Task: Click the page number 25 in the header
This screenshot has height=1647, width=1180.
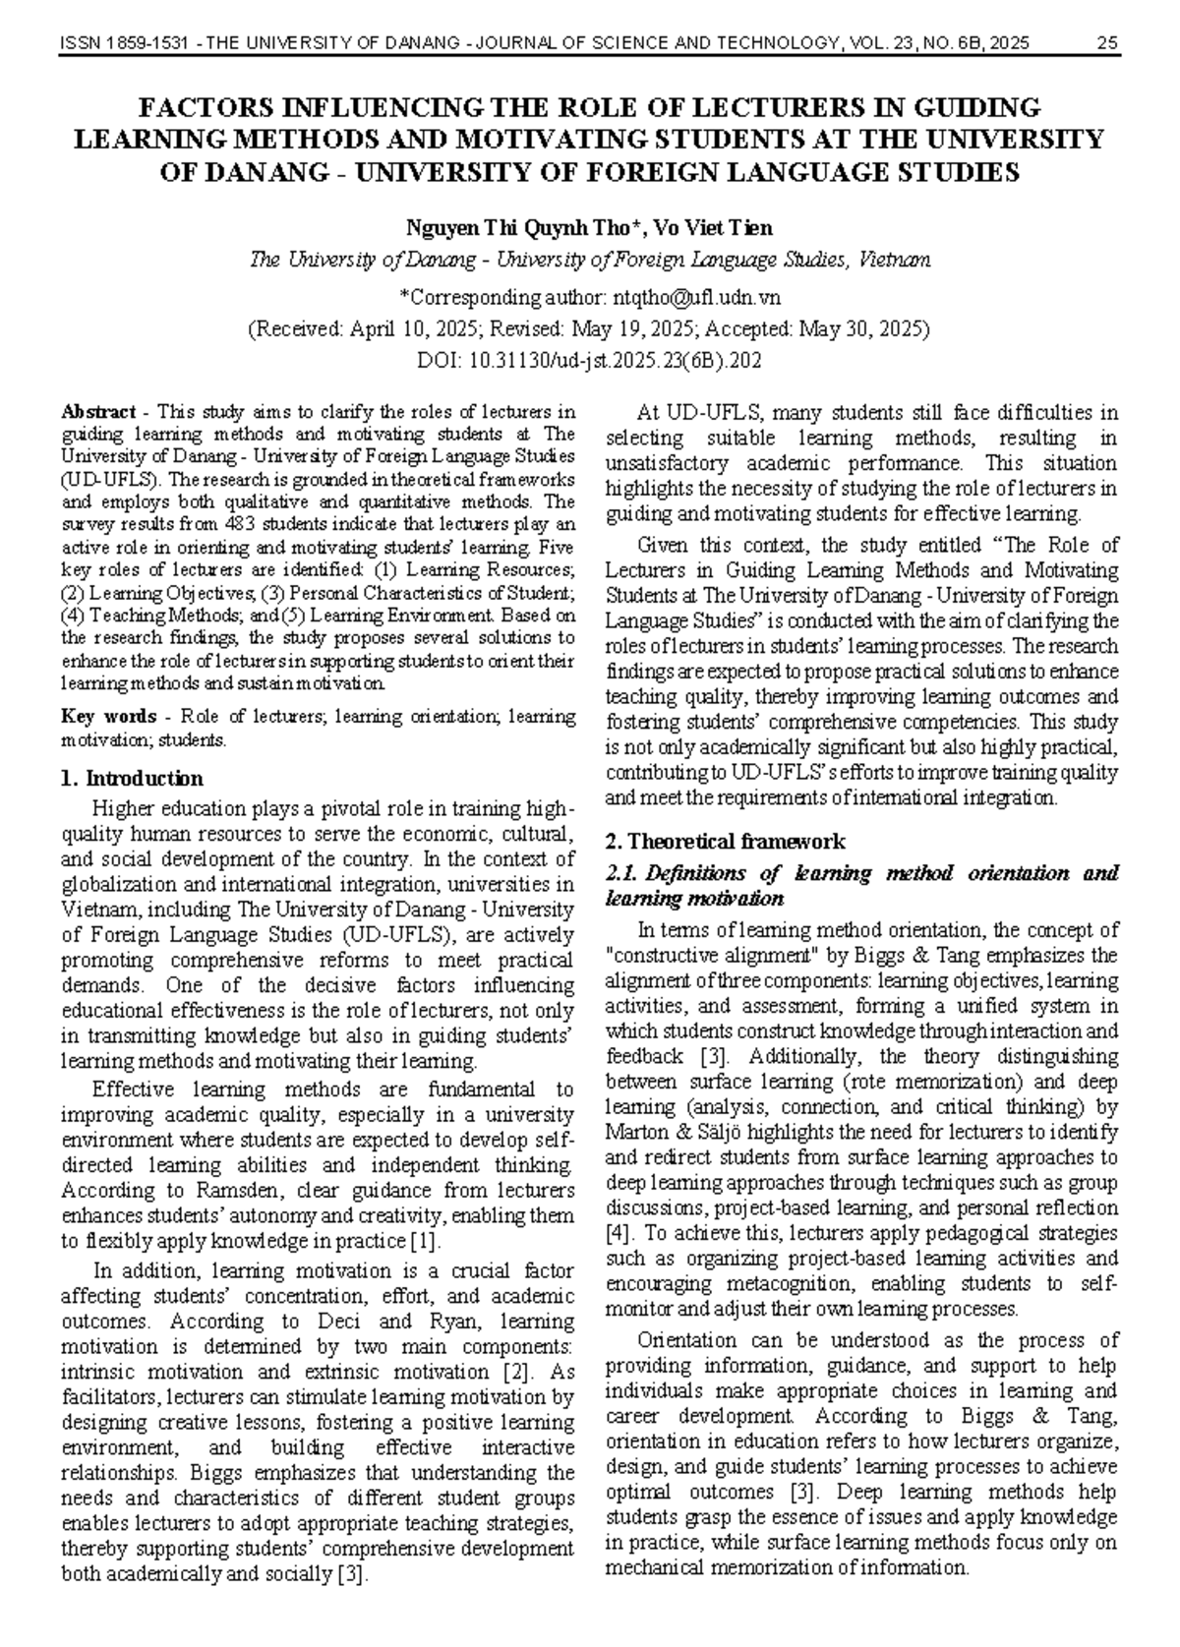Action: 1107,43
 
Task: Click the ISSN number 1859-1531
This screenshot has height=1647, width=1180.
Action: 135,43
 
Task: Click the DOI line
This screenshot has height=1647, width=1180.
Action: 590,360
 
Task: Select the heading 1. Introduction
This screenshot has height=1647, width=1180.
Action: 132,779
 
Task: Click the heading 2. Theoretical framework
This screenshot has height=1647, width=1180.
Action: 726,842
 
